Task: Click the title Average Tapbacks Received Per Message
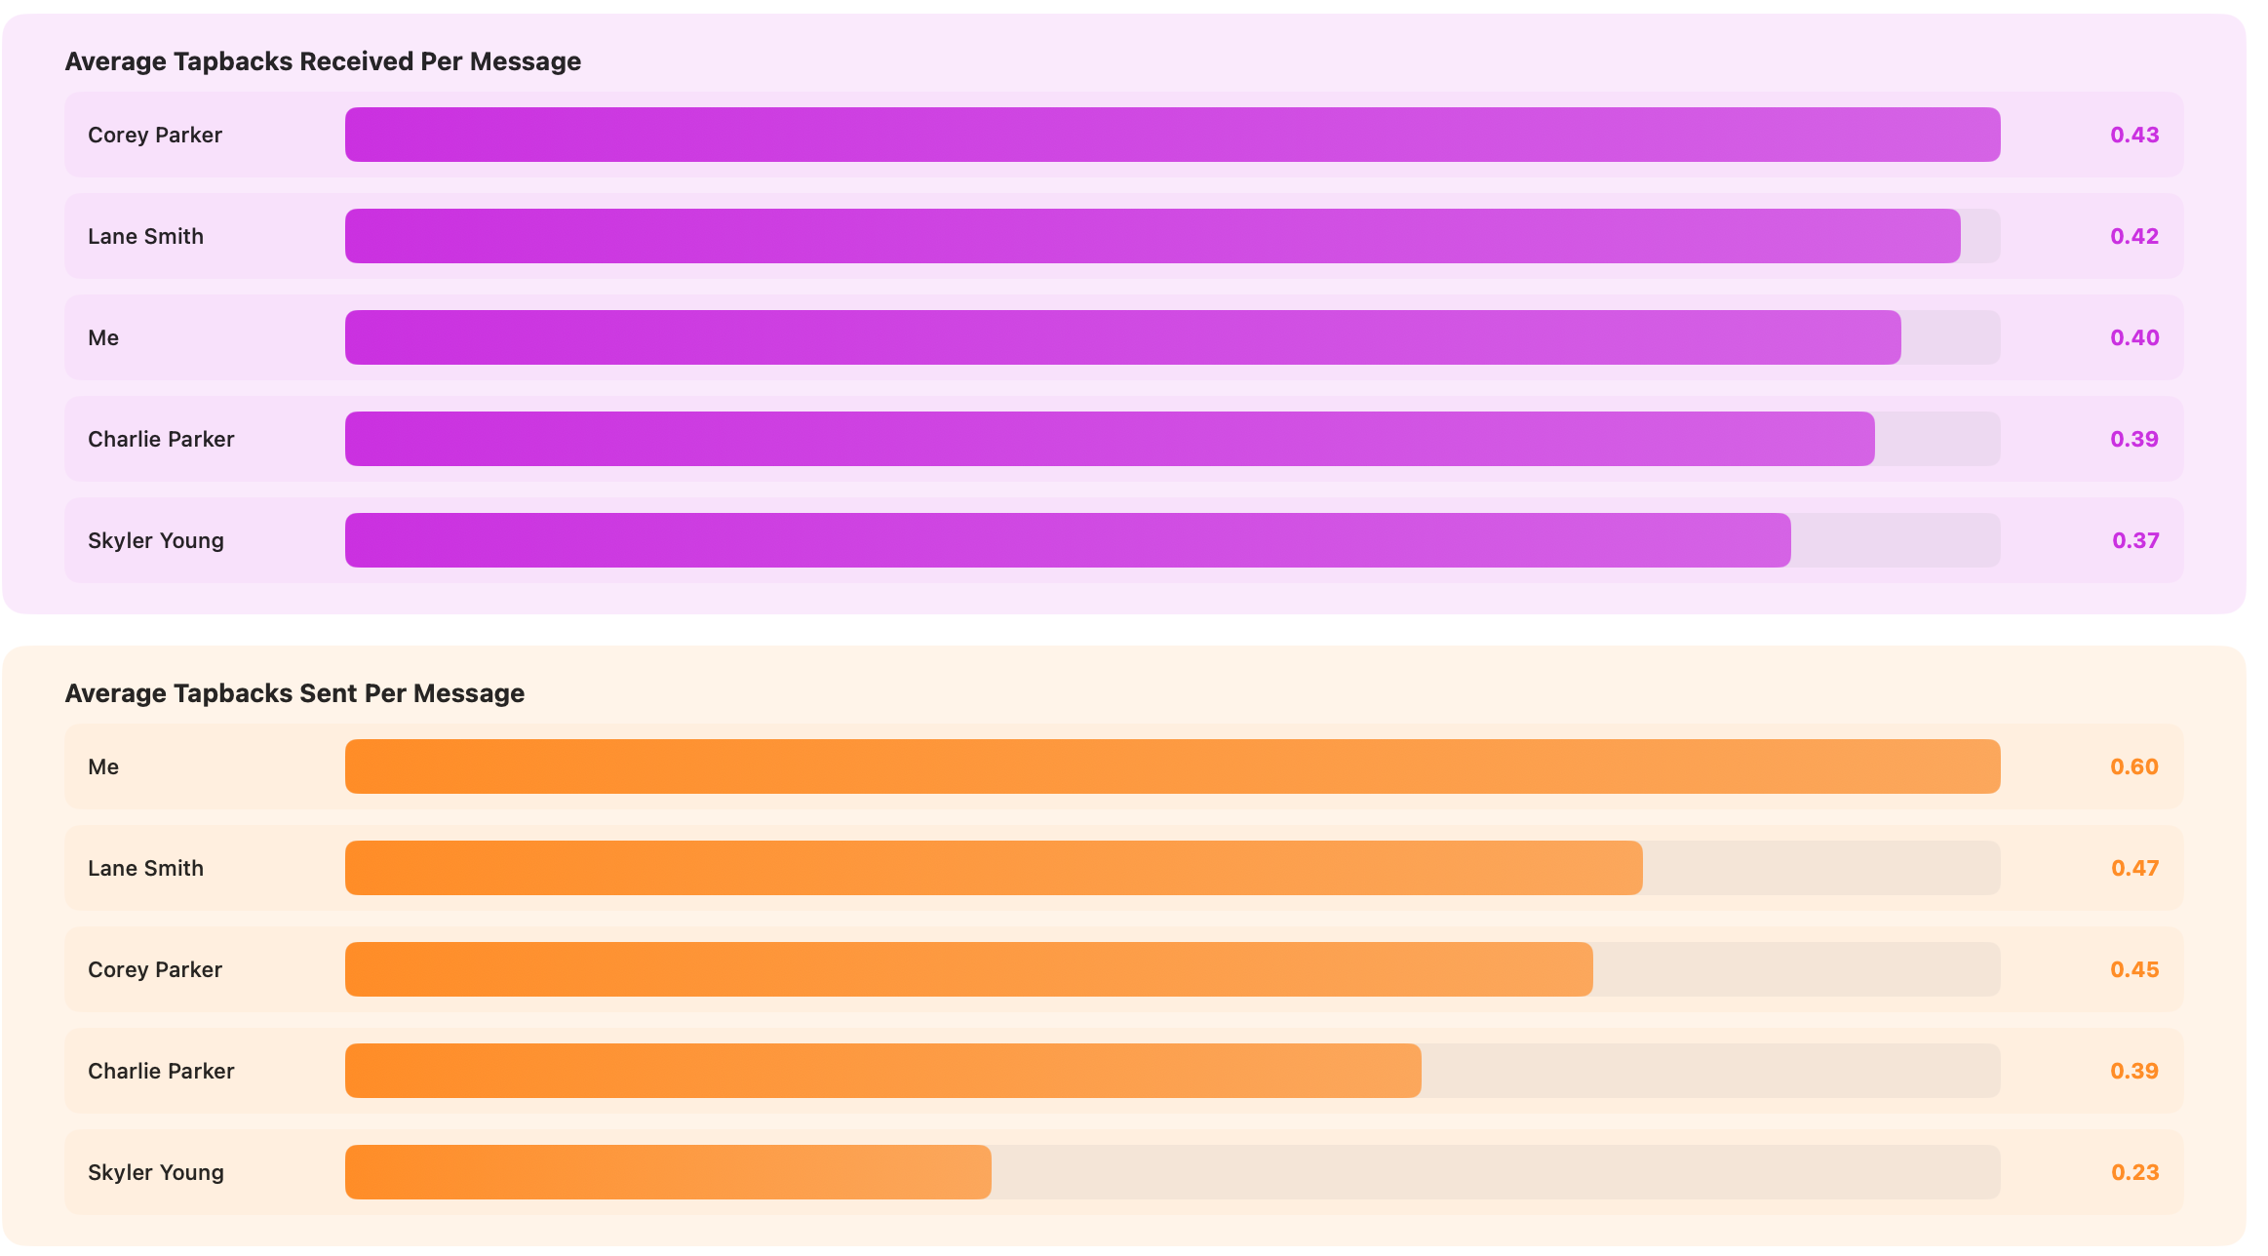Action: [x=323, y=61]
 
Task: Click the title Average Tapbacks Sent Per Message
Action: [x=294, y=693]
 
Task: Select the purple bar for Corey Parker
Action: [x=1172, y=135]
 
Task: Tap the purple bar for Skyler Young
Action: [x=1068, y=540]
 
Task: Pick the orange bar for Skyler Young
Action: [x=668, y=1172]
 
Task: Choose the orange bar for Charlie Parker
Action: [x=882, y=1071]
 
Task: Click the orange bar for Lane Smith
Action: [x=994, y=868]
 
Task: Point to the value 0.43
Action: [x=2134, y=135]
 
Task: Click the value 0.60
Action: [x=2134, y=766]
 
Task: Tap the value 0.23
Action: [x=2134, y=1172]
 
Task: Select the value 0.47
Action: [x=2134, y=868]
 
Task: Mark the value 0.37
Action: [x=2134, y=540]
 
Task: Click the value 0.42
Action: [x=2134, y=236]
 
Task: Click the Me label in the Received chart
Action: [x=103, y=337]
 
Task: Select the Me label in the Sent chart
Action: [x=103, y=766]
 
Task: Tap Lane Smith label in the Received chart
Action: [x=145, y=236]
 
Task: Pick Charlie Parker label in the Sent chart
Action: [x=161, y=1071]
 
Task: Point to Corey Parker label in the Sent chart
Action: [x=155, y=969]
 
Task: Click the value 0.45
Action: [x=2134, y=969]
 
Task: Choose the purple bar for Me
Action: [x=1122, y=337]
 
